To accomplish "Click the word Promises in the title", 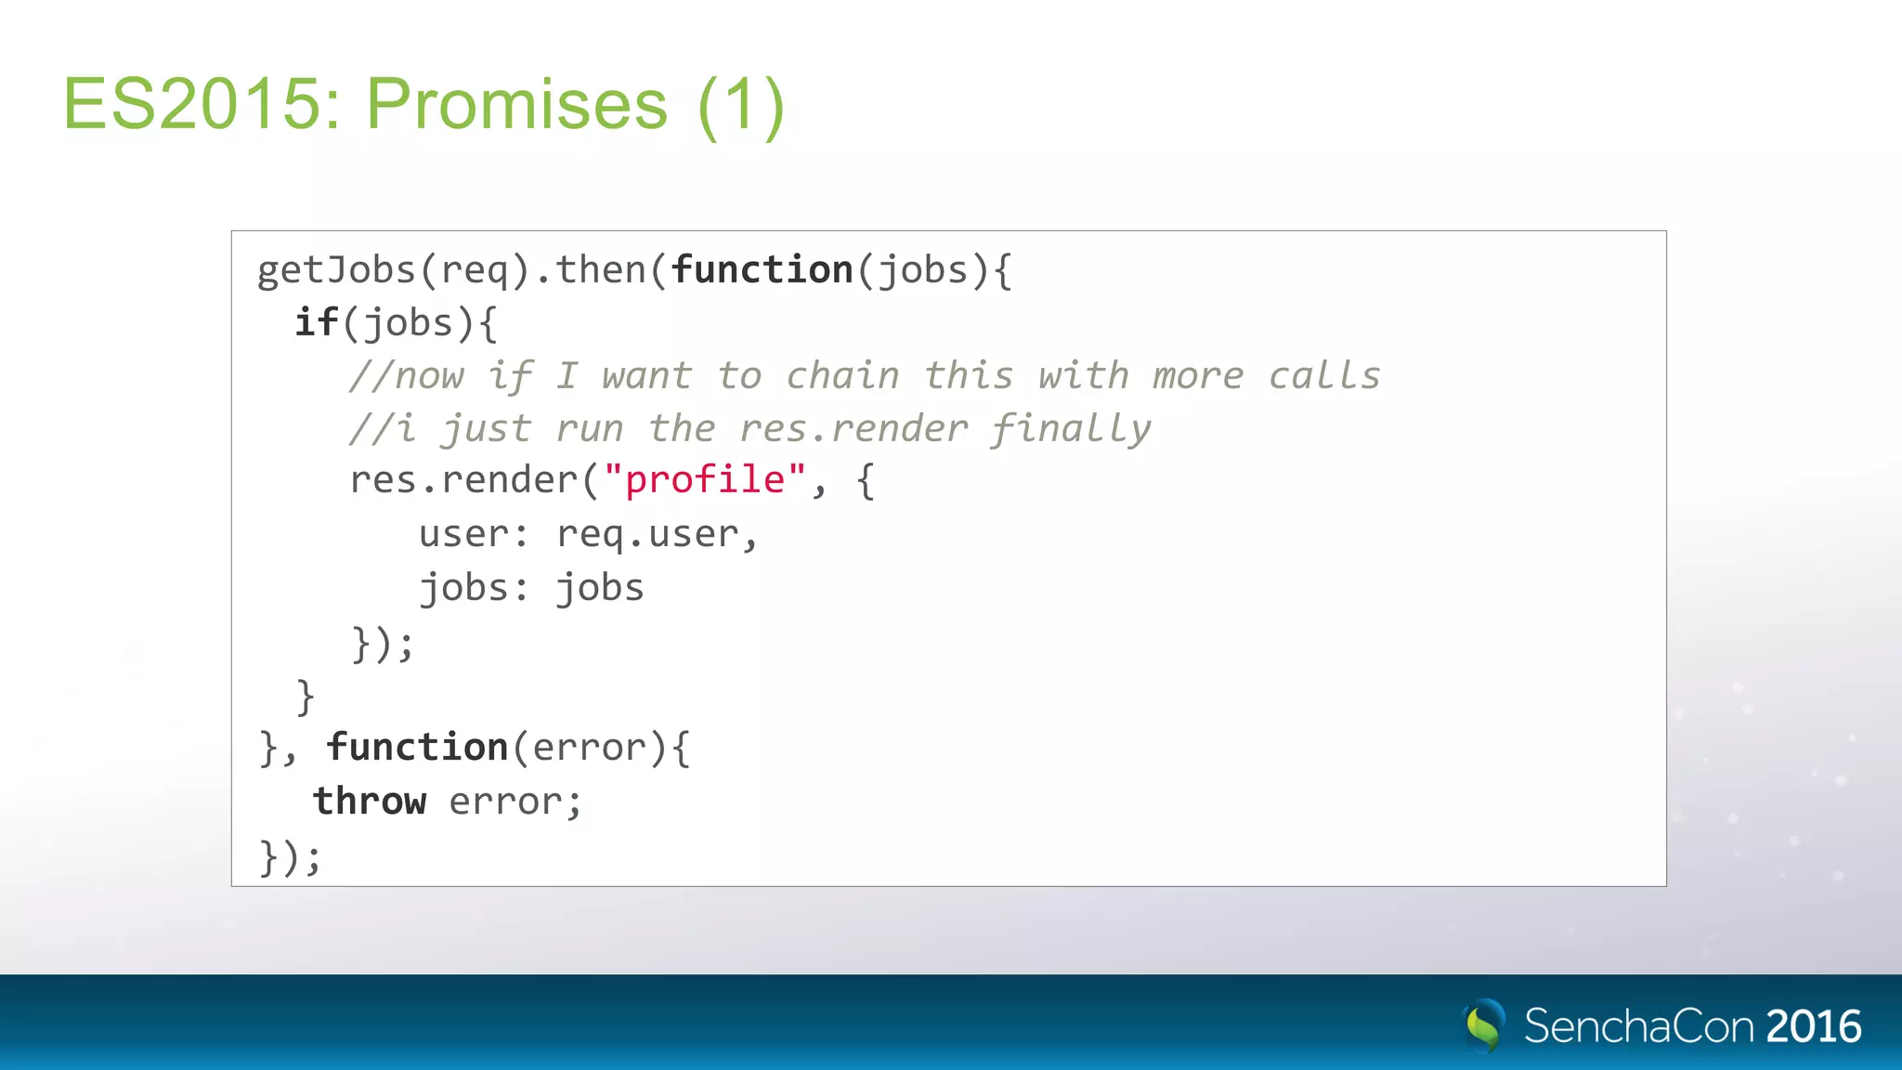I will [x=516, y=104].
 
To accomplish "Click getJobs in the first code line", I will [x=336, y=270].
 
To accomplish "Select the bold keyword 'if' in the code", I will [x=317, y=322].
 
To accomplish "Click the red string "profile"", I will [x=705, y=480].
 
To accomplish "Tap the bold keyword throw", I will [x=370, y=801].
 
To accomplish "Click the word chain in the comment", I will [x=842, y=375].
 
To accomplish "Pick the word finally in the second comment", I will [x=1070, y=429].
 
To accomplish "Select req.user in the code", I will [x=647, y=534].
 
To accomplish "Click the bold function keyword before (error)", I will [x=417, y=748].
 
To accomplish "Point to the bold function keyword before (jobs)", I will [x=762, y=270].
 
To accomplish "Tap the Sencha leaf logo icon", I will [x=1483, y=1025].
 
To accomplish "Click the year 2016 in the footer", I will [x=1813, y=1026].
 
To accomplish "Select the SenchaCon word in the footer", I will [x=1639, y=1026].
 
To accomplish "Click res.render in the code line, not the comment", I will [x=463, y=480].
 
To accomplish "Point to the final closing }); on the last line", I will [x=290, y=856].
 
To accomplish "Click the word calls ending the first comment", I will [x=1324, y=375].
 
